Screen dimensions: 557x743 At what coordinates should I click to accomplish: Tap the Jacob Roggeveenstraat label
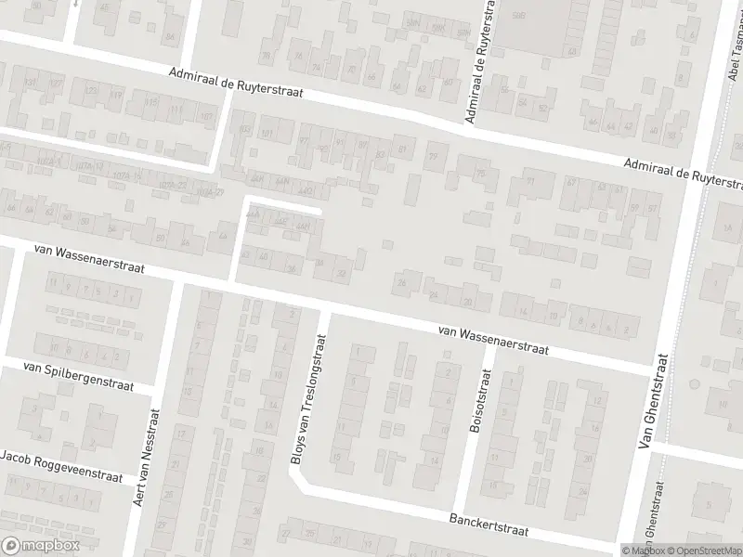coord(61,466)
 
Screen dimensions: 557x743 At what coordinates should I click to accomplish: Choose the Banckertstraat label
coord(488,525)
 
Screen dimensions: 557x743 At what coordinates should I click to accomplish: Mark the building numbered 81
coord(402,149)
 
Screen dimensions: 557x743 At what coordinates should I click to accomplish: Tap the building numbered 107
coord(206,116)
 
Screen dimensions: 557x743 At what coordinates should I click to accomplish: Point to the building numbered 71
coord(531,182)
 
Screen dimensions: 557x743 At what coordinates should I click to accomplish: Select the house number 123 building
coord(91,92)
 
